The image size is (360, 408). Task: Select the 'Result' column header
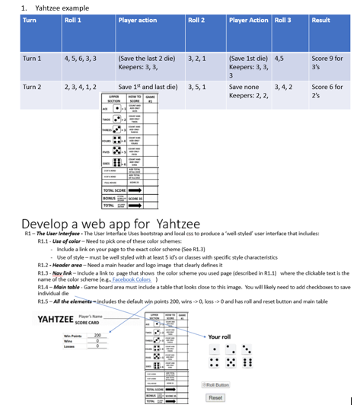coord(320,20)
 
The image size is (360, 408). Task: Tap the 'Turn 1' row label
coord(32,58)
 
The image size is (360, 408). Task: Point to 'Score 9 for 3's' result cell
coord(328,62)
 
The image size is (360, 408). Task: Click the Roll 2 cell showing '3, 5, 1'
coord(199,88)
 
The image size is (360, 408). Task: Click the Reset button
coord(215,397)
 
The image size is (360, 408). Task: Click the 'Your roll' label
coord(220,336)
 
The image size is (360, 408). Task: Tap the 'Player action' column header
coord(138,20)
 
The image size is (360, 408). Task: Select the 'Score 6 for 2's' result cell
coord(328,92)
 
